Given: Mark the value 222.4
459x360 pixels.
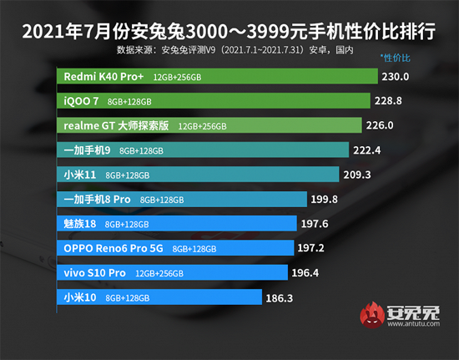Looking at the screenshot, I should point(369,150).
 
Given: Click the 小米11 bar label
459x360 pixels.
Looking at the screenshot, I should point(81,175).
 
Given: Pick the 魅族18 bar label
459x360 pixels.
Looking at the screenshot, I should point(81,224).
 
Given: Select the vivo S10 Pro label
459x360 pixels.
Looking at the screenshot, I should point(94,272).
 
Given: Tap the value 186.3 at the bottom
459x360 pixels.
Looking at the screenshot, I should point(314,297).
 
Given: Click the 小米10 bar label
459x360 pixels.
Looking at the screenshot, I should point(81,297).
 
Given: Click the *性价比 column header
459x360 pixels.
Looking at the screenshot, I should point(396,58).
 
